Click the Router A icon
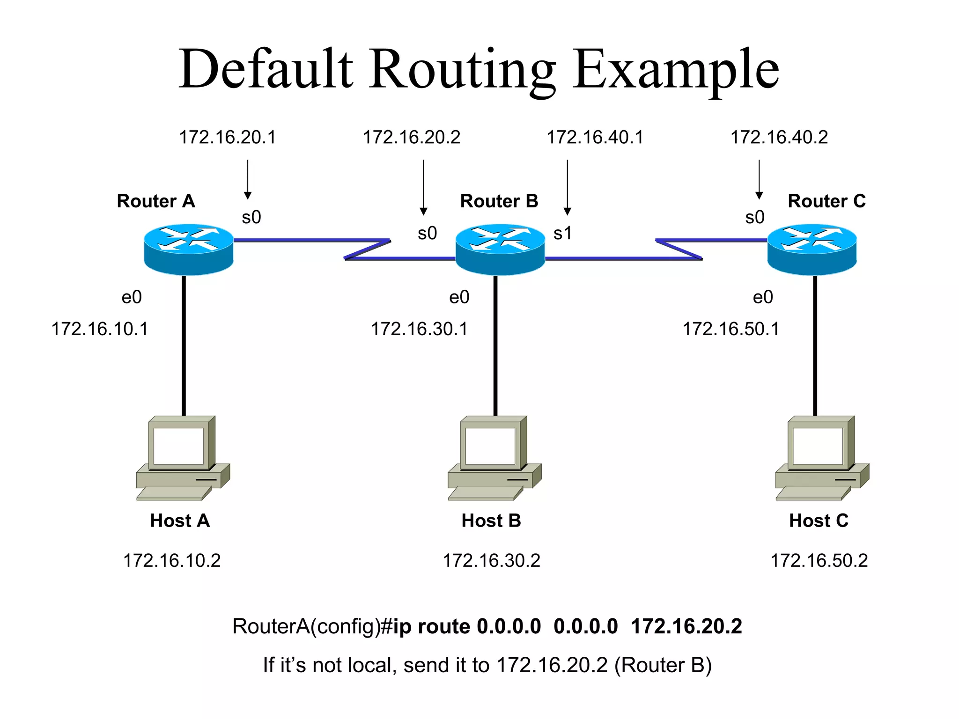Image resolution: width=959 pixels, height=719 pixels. click(188, 249)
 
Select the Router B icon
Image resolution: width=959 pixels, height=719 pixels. click(500, 249)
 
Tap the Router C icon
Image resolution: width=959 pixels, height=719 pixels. click(811, 249)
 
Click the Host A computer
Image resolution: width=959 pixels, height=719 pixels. click(183, 458)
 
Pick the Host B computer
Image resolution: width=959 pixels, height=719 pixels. click(494, 458)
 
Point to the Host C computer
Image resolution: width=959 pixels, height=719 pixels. click(822, 458)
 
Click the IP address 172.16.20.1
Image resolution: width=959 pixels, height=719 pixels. click(228, 137)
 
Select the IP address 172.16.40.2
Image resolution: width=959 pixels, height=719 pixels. click(779, 137)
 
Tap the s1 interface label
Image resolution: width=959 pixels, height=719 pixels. click(562, 233)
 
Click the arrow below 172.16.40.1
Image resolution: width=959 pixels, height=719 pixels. click(567, 187)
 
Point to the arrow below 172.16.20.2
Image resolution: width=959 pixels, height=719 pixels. click(423, 187)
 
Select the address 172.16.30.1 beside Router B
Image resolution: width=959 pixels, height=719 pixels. click(419, 329)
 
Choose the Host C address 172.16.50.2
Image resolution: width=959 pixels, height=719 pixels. click(819, 560)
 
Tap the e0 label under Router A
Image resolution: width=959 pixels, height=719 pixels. click(132, 297)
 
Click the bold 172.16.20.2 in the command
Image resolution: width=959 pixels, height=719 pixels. click(686, 626)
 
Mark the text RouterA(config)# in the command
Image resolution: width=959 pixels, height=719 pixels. click(312, 626)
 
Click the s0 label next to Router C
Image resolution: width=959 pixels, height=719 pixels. click(754, 217)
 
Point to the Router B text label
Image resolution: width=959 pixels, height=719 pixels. click(499, 201)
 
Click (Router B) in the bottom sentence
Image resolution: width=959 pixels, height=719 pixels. click(663, 665)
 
